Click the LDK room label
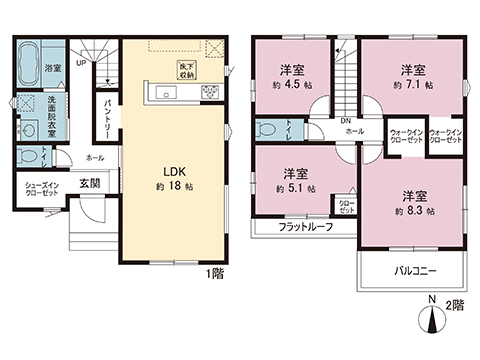click(x=166, y=170)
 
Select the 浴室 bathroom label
click(x=52, y=68)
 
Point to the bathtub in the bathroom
click(x=28, y=55)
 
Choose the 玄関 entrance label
click(x=91, y=183)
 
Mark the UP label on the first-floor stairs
click(x=80, y=62)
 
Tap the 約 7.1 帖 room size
click(x=412, y=84)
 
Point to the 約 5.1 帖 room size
click(x=293, y=188)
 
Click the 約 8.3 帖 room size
click(x=413, y=210)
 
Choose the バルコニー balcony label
click(x=411, y=270)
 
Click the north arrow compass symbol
click(x=432, y=318)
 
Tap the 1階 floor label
click(x=214, y=272)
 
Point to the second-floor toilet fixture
click(x=266, y=131)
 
